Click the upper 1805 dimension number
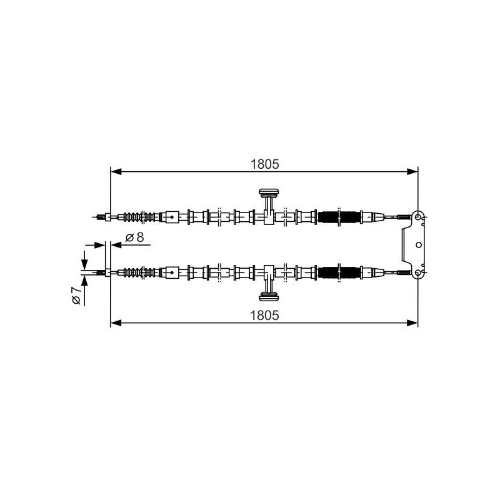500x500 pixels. (264, 164)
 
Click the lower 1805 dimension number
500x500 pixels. (264, 316)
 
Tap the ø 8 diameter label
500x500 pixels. (135, 237)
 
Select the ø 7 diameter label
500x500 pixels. (76, 295)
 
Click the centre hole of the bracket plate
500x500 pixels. (419, 245)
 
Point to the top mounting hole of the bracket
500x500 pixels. (417, 217)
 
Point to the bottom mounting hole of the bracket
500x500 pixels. (417, 272)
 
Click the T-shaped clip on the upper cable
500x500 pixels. (269, 206)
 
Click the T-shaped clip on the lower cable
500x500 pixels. (269, 283)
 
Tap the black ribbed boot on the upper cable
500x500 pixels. (339, 217)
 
